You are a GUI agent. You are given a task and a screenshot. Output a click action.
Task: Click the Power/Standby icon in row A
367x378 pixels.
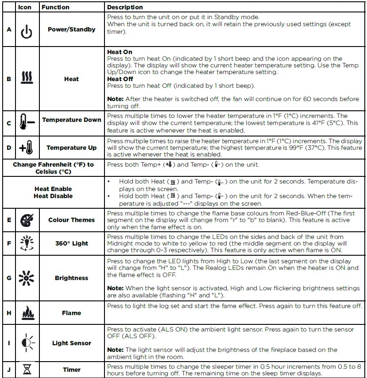tap(27, 31)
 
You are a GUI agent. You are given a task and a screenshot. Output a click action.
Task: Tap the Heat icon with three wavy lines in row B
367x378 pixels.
tap(27, 79)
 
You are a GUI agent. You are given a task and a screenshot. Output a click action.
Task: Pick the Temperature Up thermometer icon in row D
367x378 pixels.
tap(27, 147)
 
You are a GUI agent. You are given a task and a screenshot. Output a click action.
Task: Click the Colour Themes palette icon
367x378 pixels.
tap(27, 220)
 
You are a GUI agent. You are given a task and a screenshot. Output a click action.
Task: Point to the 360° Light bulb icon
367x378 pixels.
tap(27, 243)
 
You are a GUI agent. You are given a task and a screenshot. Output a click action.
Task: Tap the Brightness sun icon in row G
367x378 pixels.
tap(27, 278)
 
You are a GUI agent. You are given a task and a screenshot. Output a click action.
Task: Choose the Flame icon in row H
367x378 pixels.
tap(27, 312)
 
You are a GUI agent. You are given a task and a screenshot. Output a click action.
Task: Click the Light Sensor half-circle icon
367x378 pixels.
tap(27, 343)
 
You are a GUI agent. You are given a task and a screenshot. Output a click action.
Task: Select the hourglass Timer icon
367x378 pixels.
tap(27, 370)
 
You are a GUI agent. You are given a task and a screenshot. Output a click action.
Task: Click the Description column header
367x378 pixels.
tap(125, 7)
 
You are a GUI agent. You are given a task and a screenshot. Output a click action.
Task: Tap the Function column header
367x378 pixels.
tap(55, 7)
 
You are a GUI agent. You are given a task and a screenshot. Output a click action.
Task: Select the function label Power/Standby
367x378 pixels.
tap(71, 29)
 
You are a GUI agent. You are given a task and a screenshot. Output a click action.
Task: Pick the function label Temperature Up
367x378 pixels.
tap(71, 148)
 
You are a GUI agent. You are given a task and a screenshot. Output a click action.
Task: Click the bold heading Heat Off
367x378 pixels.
tap(120, 79)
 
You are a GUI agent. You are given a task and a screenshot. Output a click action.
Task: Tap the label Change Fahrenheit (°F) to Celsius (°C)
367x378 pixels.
tap(53, 168)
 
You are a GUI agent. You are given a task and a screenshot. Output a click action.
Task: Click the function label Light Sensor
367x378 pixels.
tap(71, 343)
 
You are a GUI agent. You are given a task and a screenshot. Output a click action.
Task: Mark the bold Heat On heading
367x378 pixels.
tap(120, 52)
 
